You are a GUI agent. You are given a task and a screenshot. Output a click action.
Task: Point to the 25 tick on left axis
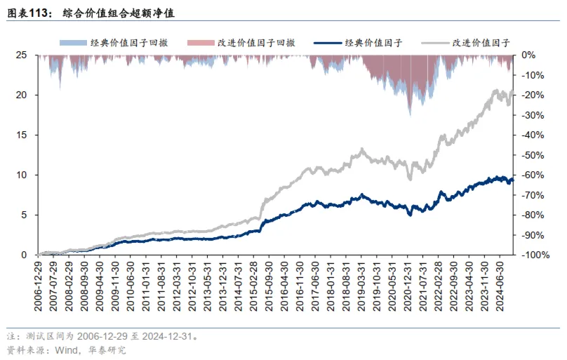22,55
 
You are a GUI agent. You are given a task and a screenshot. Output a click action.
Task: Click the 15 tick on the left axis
22,135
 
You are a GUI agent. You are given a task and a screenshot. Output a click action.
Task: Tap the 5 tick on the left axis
25,215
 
